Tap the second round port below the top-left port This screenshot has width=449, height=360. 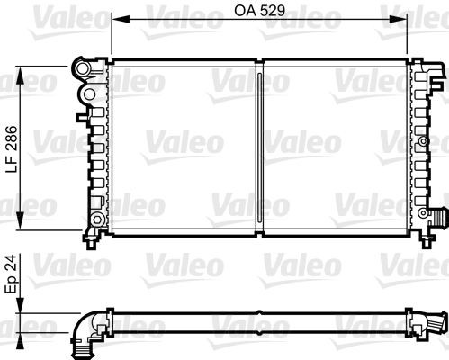tap(87, 92)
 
